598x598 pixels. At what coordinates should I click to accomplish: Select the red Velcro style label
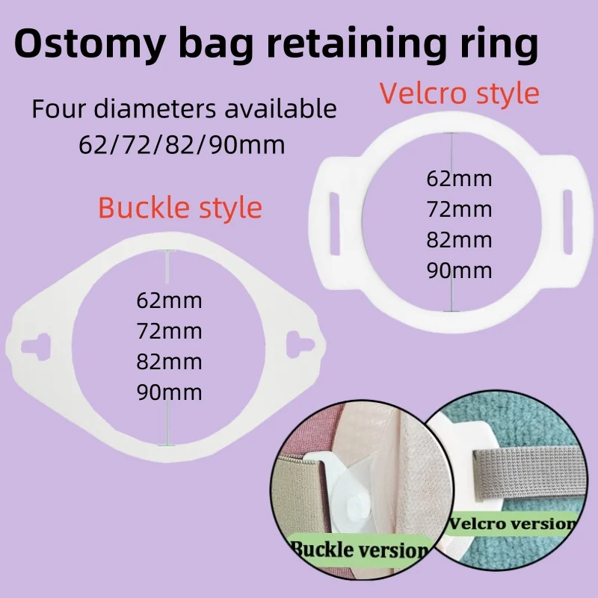click(x=459, y=93)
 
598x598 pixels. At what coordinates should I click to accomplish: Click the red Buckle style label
click(x=180, y=207)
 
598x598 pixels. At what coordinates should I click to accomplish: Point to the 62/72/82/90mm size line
click(x=182, y=144)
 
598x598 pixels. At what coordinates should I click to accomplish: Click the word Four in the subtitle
click(x=61, y=109)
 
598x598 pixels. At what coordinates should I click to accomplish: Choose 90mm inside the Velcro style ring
click(x=459, y=270)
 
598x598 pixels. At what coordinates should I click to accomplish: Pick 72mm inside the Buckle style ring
click(x=169, y=330)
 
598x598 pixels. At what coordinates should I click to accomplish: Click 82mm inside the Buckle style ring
click(x=169, y=361)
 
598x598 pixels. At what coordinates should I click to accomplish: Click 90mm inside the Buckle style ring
click(x=169, y=392)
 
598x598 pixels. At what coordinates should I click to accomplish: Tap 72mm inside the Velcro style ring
click(x=459, y=209)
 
